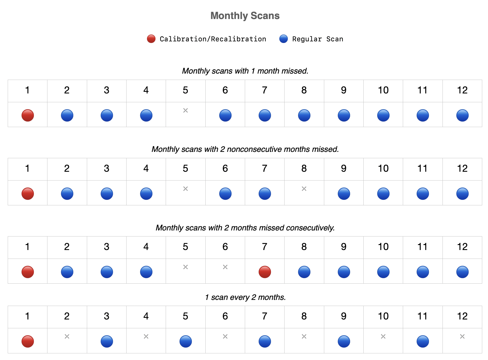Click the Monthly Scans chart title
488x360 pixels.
tap(245, 16)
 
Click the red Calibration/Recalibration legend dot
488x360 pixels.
tap(151, 39)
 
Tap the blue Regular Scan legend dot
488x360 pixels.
tap(283, 39)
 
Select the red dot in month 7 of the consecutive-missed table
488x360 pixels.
tap(265, 272)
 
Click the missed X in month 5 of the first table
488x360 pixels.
tap(186, 111)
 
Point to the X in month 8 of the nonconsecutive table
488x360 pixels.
tap(304, 189)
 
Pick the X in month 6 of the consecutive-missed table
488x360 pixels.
tap(225, 267)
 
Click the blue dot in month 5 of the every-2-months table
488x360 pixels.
tap(186, 341)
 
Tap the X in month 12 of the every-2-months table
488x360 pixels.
tap(462, 337)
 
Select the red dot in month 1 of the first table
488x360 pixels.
tap(28, 115)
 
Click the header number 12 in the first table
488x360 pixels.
tap(462, 90)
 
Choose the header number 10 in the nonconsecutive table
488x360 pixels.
tap(383, 168)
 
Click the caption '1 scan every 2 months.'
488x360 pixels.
tap(245, 297)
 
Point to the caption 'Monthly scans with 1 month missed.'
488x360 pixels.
tap(245, 71)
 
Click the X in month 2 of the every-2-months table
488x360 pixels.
tap(67, 337)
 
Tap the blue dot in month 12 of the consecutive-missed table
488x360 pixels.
tap(462, 272)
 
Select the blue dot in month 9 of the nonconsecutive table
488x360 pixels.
tap(344, 194)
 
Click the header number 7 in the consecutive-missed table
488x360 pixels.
tap(265, 247)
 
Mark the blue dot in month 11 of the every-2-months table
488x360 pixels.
tap(423, 341)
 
